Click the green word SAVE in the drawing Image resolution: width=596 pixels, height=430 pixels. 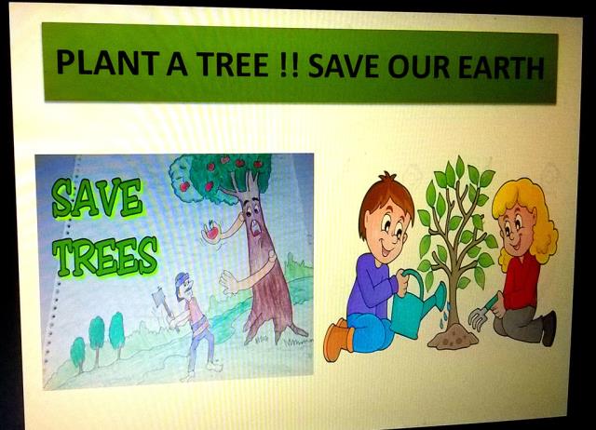click(97, 199)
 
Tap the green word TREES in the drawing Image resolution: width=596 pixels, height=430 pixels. click(105, 255)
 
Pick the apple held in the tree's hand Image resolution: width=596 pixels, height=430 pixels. click(211, 230)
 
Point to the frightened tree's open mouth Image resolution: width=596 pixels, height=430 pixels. click(257, 228)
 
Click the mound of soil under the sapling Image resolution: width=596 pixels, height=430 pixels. click(454, 338)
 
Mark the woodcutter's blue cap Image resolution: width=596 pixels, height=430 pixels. click(182, 280)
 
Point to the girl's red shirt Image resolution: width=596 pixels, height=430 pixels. click(521, 281)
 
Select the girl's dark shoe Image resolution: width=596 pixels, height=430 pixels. click(549, 329)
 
